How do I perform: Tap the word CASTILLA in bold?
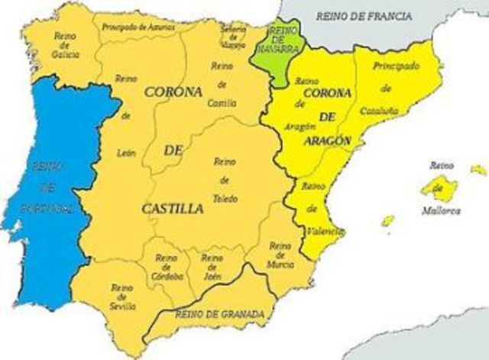point(173,207)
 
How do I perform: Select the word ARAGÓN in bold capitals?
point(326,141)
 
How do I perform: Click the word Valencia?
point(323,230)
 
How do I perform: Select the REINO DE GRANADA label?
point(219,314)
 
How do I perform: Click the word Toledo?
point(225,199)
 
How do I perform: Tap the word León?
point(126,152)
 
